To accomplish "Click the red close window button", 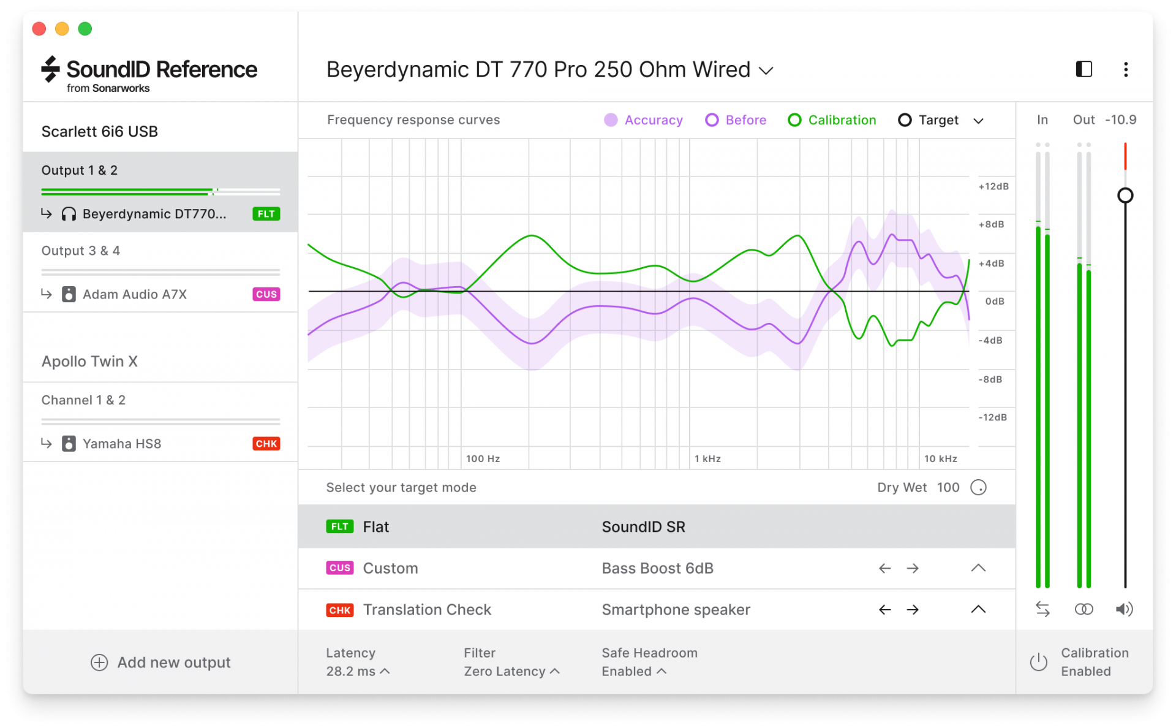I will pos(39,29).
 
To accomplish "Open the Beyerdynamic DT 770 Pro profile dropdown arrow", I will pos(766,70).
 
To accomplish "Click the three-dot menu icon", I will pos(1126,69).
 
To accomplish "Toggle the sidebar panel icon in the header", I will pos(1084,69).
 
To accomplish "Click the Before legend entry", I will pos(736,120).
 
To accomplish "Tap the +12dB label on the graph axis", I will pos(993,186).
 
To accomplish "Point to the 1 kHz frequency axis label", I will pos(707,458).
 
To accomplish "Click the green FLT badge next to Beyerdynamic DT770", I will pos(266,214).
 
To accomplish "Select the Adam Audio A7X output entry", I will pos(135,294).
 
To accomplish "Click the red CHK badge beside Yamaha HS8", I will pos(266,444).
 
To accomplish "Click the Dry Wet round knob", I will pos(978,487).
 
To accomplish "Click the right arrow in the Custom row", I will pos(913,568).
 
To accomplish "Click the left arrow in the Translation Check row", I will pos(884,610).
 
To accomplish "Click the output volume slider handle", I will pos(1125,195).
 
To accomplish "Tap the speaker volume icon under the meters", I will pos(1124,609).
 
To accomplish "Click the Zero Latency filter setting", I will pos(511,671).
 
